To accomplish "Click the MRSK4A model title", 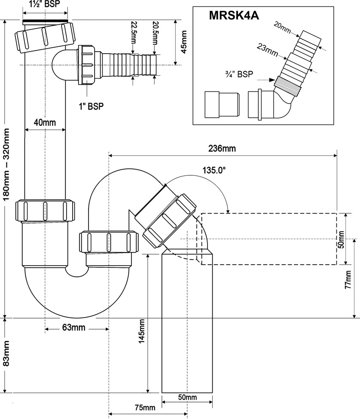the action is [234, 15].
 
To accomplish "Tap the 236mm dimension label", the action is [222, 148].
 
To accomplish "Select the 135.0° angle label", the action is [214, 170].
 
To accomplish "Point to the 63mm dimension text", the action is [74, 327].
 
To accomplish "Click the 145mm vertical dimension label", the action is [141, 331].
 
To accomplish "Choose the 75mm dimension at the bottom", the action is [145, 407].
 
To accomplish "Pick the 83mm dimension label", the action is [6, 354].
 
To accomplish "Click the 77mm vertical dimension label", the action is [348, 279].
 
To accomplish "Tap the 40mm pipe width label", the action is [45, 122].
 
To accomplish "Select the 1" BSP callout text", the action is [91, 106].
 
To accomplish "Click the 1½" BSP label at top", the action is [45, 4].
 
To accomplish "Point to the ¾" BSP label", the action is [239, 74].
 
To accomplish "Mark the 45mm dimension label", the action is [184, 42].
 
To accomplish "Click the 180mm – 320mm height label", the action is [6, 164].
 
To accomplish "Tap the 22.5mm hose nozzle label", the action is [134, 33].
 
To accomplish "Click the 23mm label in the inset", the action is [267, 50].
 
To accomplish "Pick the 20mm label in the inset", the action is [282, 28].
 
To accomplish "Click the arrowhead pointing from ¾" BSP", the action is [272, 80].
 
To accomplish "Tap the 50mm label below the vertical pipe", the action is [187, 398].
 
